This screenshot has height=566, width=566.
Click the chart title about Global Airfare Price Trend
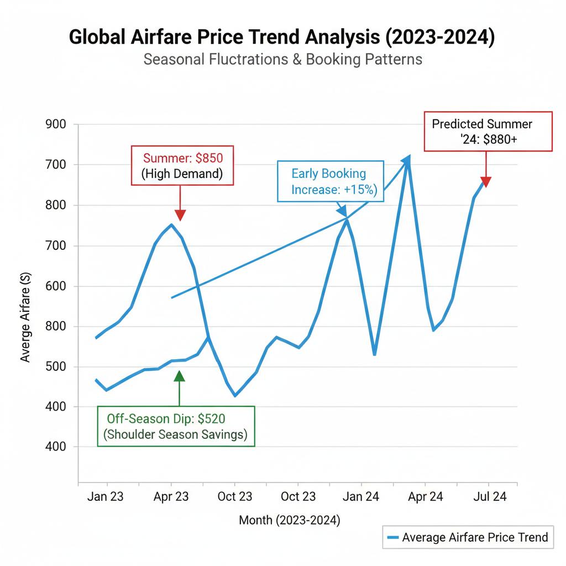point(282,38)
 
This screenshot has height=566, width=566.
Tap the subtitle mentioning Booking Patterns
point(282,59)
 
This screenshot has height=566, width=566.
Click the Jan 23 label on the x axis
point(105,496)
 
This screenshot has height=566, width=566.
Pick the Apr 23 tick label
point(171,496)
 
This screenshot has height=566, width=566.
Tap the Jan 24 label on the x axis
point(361,496)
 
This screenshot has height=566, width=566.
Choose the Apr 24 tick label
point(425,496)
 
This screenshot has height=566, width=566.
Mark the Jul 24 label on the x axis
point(489,496)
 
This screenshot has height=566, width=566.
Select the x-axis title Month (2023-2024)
point(290,520)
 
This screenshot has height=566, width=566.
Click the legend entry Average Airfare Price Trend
point(467,537)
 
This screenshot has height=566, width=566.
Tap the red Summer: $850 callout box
point(182,165)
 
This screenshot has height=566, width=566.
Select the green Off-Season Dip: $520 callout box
point(176,426)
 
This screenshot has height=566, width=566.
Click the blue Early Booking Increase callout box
point(329,182)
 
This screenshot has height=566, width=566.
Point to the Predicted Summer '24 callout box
point(488,132)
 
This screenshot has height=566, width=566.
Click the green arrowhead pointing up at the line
point(179,376)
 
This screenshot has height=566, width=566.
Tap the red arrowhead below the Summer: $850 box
point(180,216)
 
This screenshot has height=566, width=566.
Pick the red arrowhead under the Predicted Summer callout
point(486,181)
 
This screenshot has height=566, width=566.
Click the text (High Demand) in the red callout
point(182,174)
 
